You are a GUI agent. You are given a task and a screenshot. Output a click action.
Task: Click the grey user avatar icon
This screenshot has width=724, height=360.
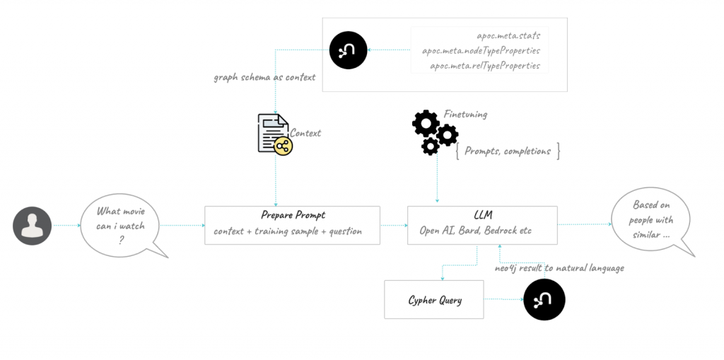coord(33,226)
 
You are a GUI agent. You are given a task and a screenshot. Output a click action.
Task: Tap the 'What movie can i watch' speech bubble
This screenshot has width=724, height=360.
coord(120,226)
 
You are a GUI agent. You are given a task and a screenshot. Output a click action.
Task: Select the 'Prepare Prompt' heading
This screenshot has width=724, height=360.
coord(292,215)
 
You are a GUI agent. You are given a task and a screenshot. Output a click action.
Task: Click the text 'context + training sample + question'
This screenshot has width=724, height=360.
coord(288,231)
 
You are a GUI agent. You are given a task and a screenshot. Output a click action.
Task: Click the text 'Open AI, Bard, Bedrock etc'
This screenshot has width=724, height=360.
coord(475,231)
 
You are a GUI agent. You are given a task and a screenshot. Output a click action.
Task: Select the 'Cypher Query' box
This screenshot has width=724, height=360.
coord(434,300)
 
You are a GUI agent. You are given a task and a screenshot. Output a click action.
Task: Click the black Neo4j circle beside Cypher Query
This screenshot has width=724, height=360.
coord(544,300)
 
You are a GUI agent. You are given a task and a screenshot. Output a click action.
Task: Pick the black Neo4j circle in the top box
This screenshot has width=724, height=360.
coord(348,50)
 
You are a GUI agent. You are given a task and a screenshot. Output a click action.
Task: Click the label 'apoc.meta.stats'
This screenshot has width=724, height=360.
coord(508,35)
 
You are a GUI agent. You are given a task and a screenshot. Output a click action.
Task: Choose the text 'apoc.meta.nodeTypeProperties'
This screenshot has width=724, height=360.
coord(481,50)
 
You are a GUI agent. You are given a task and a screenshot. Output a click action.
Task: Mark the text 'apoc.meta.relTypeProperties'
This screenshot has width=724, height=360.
coord(485,66)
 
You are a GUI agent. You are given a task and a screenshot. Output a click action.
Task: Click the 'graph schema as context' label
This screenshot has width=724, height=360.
coord(265,77)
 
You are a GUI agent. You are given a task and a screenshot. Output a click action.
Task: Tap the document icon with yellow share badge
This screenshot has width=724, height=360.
coord(274,134)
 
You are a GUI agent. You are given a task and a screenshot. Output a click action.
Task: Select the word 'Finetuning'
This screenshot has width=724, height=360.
coord(465,114)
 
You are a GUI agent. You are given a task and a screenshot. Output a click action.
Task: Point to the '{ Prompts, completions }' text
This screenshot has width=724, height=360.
coord(508,151)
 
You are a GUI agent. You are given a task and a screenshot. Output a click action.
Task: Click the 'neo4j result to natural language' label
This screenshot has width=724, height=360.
coord(559,268)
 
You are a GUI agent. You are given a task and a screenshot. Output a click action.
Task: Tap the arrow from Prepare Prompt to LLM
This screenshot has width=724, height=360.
coord(394,226)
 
